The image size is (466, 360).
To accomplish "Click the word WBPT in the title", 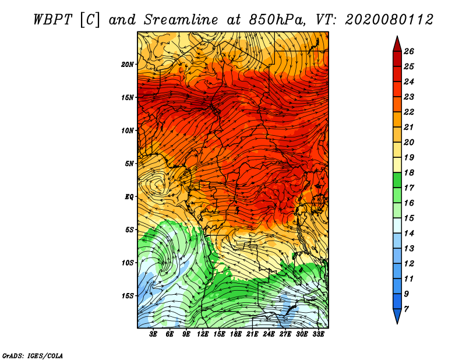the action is tap(52, 20).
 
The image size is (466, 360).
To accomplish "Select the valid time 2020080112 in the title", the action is tap(389, 20).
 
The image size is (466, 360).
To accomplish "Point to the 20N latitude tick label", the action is tap(128, 65).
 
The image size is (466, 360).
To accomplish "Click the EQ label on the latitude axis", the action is tap(129, 197).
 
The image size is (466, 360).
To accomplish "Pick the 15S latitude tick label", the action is tap(128, 296).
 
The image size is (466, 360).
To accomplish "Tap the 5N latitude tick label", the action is tap(129, 164).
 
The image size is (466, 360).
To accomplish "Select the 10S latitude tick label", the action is tap(128, 263).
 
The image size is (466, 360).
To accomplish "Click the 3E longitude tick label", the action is tap(153, 334).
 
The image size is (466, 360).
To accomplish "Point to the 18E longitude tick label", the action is tap(236, 334).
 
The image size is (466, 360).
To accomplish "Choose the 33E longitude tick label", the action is tap(318, 334).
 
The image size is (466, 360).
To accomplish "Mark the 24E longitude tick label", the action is tap(269, 334).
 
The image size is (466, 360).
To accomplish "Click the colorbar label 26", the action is tap(409, 51).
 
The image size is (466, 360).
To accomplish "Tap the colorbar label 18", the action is tap(409, 172).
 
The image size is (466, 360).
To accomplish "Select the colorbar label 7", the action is tap(406, 309).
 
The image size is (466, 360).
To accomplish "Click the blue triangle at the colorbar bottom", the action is tap(397, 315).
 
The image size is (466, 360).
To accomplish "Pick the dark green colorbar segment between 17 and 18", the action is tap(397, 180).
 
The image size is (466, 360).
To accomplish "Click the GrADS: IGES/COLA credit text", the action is tap(33, 356).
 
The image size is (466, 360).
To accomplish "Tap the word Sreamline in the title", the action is tap(181, 20).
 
